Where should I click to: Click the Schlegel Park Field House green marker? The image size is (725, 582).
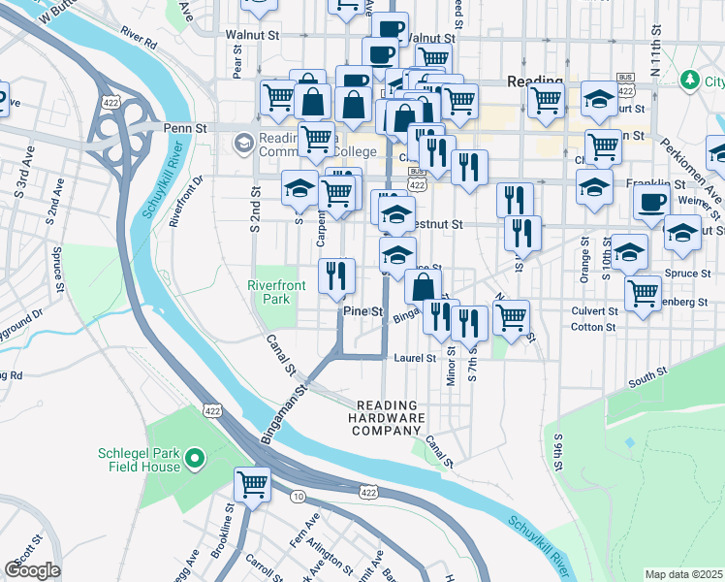[x=194, y=457]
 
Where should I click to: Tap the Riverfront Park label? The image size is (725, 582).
[x=276, y=292]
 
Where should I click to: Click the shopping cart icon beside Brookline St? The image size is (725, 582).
[x=253, y=484]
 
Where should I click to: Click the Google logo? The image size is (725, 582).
[x=32, y=570]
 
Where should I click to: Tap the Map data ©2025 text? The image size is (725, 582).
[x=683, y=574]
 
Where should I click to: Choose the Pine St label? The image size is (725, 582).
[x=365, y=311]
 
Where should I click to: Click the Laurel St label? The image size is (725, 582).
[x=416, y=358]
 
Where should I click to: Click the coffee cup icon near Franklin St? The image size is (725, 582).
[x=651, y=202]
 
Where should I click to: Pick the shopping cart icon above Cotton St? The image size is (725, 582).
[x=644, y=292]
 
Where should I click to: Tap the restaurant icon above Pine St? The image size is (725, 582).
[x=336, y=275]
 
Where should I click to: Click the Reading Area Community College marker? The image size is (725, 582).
[x=242, y=144]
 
